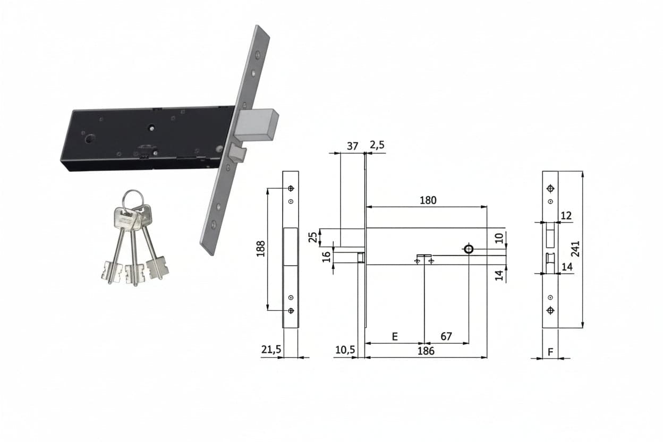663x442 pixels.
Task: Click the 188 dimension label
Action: (260, 249)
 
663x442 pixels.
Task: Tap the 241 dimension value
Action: (575, 249)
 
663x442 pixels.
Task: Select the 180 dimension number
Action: (428, 200)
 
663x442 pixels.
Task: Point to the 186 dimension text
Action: (426, 351)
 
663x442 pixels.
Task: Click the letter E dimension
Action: (395, 337)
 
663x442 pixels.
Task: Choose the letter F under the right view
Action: (550, 352)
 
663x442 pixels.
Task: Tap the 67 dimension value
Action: (446, 336)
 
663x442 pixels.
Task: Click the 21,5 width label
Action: (271, 350)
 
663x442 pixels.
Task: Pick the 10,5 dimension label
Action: (345, 350)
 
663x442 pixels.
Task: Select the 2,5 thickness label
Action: (377, 145)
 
